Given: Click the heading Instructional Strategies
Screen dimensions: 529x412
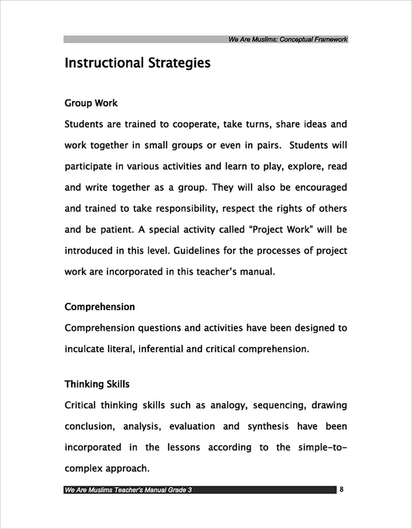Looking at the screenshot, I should pyautogui.click(x=137, y=63).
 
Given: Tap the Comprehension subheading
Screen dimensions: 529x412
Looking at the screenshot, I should pyautogui.click(x=100, y=307).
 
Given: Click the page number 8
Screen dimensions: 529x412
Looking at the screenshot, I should pyautogui.click(x=342, y=490).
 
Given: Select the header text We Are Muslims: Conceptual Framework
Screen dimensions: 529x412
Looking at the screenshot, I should pyautogui.click(x=288, y=39).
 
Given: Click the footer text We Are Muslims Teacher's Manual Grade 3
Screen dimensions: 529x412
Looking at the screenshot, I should pyautogui.click(x=128, y=490).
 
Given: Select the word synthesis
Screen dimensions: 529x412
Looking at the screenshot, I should pyautogui.click(x=271, y=426).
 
